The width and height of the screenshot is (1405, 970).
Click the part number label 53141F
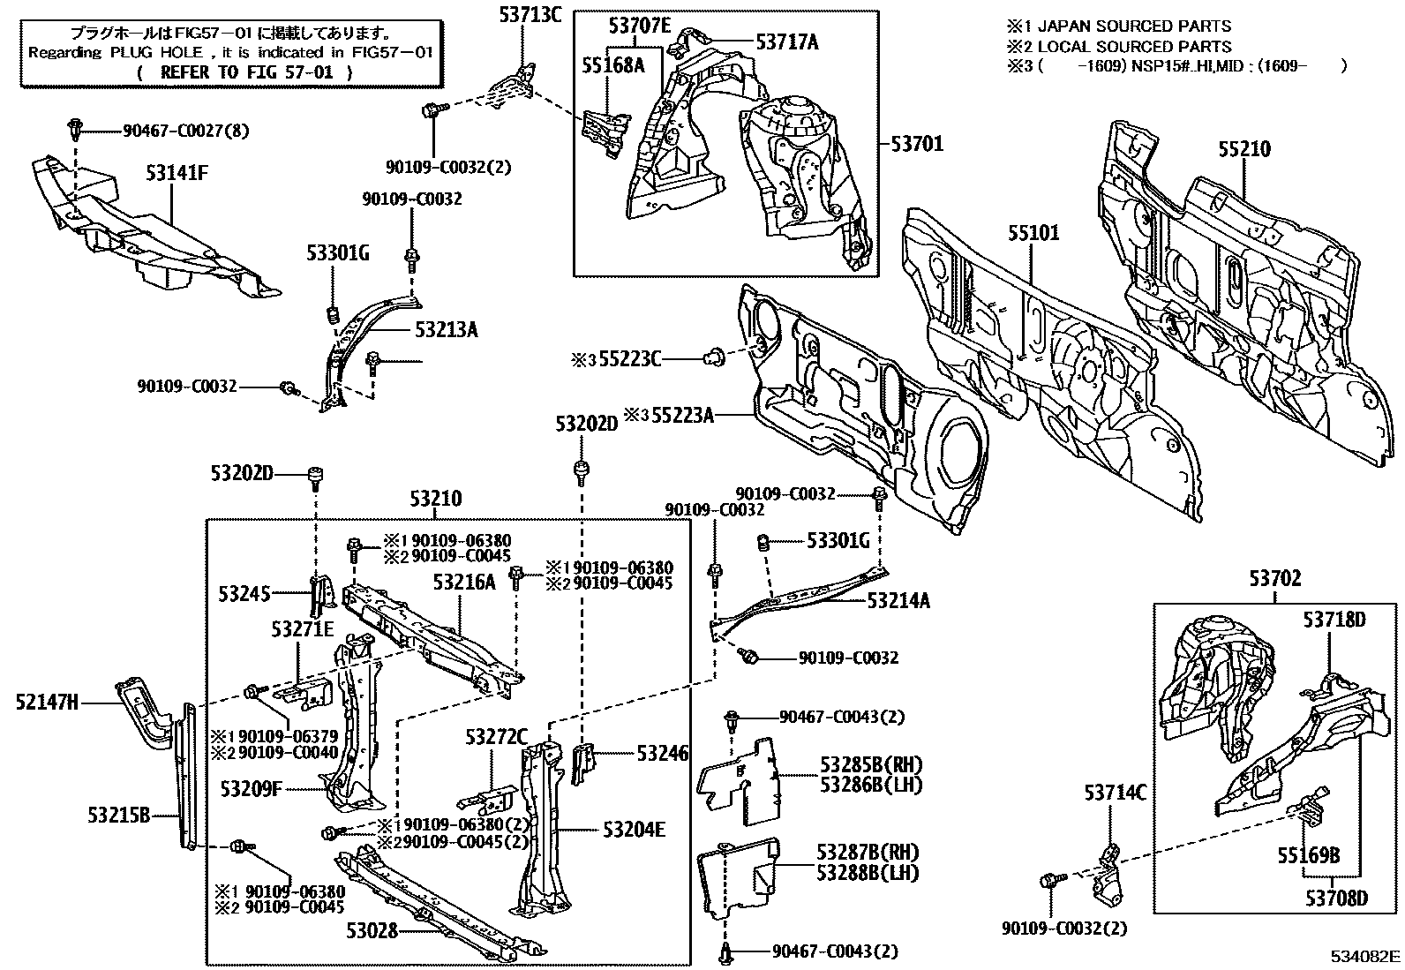(x=177, y=173)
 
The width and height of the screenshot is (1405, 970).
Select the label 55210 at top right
(x=1244, y=149)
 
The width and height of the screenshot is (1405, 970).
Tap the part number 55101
(x=1033, y=233)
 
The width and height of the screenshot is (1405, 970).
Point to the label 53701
(x=917, y=143)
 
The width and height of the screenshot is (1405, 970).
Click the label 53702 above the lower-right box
(x=1274, y=580)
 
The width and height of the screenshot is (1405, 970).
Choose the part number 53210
(x=435, y=500)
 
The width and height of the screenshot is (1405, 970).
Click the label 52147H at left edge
(x=46, y=703)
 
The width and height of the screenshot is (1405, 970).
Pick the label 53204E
(x=635, y=830)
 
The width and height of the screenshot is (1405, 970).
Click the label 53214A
(x=898, y=601)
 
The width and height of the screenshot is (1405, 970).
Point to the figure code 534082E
(x=1366, y=957)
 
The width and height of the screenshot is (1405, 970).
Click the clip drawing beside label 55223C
(x=714, y=357)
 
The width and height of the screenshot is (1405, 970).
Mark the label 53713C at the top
(x=530, y=13)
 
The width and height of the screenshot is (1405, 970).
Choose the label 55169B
(x=1309, y=854)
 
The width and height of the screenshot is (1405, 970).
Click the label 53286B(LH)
(x=870, y=783)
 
